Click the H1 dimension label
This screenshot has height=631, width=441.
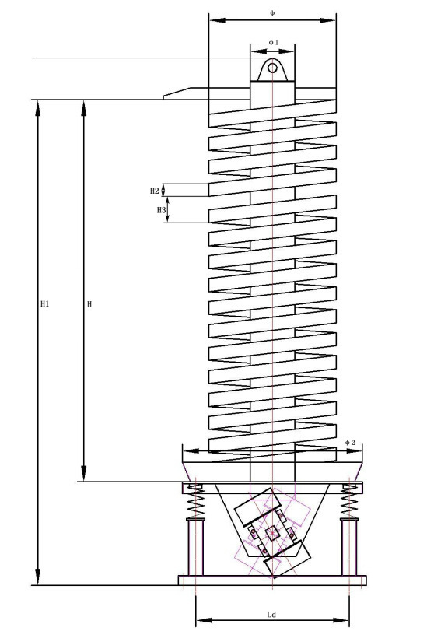click(44, 304)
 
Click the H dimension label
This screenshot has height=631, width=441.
click(89, 304)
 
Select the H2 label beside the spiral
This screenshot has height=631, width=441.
click(155, 191)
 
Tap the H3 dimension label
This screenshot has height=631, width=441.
click(161, 209)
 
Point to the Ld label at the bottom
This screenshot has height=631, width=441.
click(271, 615)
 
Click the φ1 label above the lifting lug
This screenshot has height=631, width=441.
click(273, 42)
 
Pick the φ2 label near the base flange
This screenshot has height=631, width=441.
click(350, 443)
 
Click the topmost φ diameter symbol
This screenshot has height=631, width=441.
click(272, 13)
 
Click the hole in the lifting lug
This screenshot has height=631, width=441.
click(272, 68)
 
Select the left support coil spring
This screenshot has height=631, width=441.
click(196, 501)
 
